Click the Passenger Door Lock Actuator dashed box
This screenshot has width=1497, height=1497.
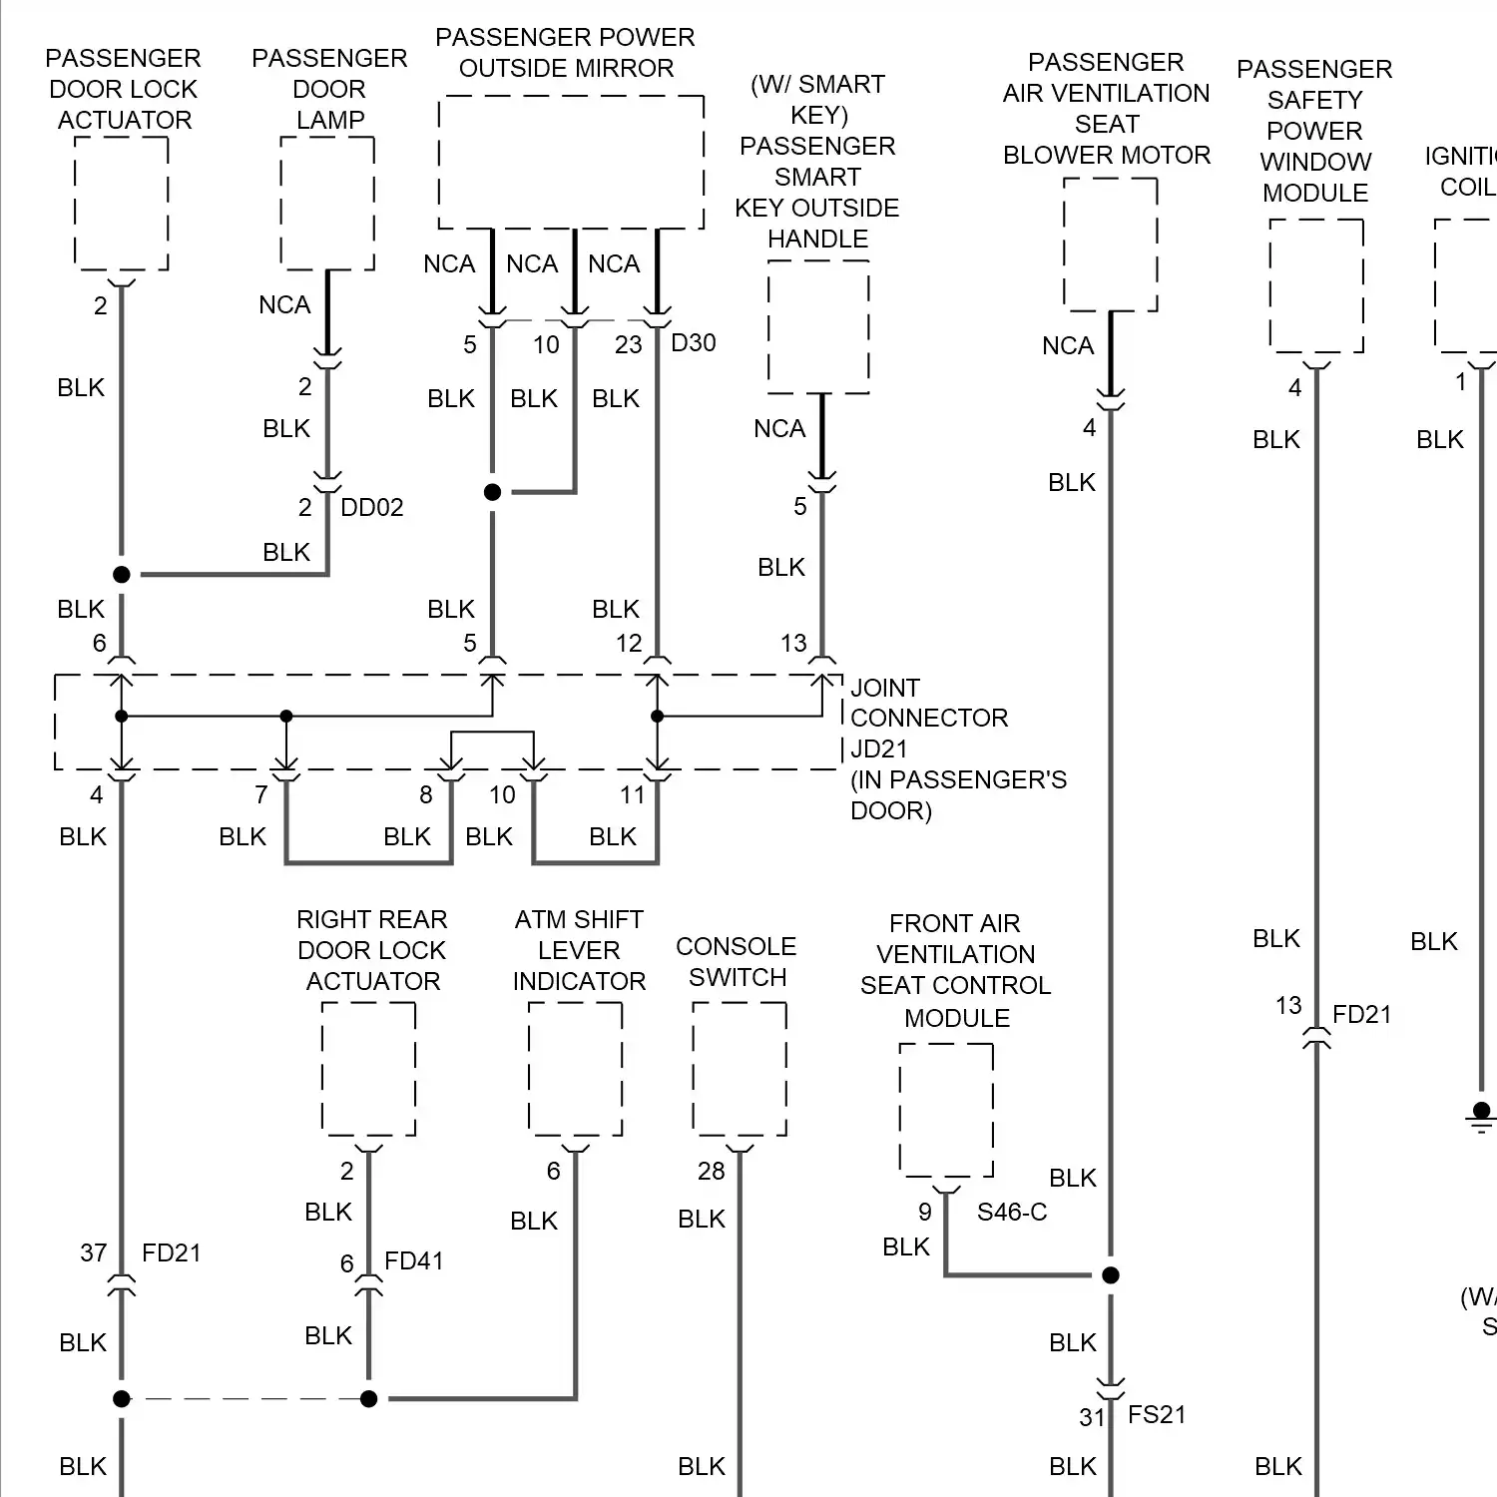[x=122, y=204]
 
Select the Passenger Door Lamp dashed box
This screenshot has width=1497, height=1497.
[x=327, y=204]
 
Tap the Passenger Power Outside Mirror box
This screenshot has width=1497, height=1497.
[x=571, y=163]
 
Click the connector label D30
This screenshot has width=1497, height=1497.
[x=694, y=343]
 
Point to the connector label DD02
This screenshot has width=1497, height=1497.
[x=371, y=508]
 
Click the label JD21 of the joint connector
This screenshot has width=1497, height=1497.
[x=878, y=749]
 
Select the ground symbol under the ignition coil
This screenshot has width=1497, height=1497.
[x=1481, y=1118]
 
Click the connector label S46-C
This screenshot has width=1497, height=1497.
[x=1011, y=1213]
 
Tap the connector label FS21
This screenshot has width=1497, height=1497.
[x=1157, y=1415]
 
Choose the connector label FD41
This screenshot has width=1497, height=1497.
[x=413, y=1261]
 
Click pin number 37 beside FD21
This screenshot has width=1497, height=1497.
[x=94, y=1253]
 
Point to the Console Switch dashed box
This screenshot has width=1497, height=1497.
[x=740, y=1069]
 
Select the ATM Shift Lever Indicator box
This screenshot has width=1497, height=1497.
[x=575, y=1069]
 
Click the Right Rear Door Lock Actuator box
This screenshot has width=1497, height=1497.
[x=368, y=1069]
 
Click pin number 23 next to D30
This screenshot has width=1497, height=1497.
[x=628, y=345]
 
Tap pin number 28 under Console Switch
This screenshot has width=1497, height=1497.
[x=711, y=1172]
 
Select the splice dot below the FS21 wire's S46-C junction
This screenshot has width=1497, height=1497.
[x=1110, y=1275]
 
